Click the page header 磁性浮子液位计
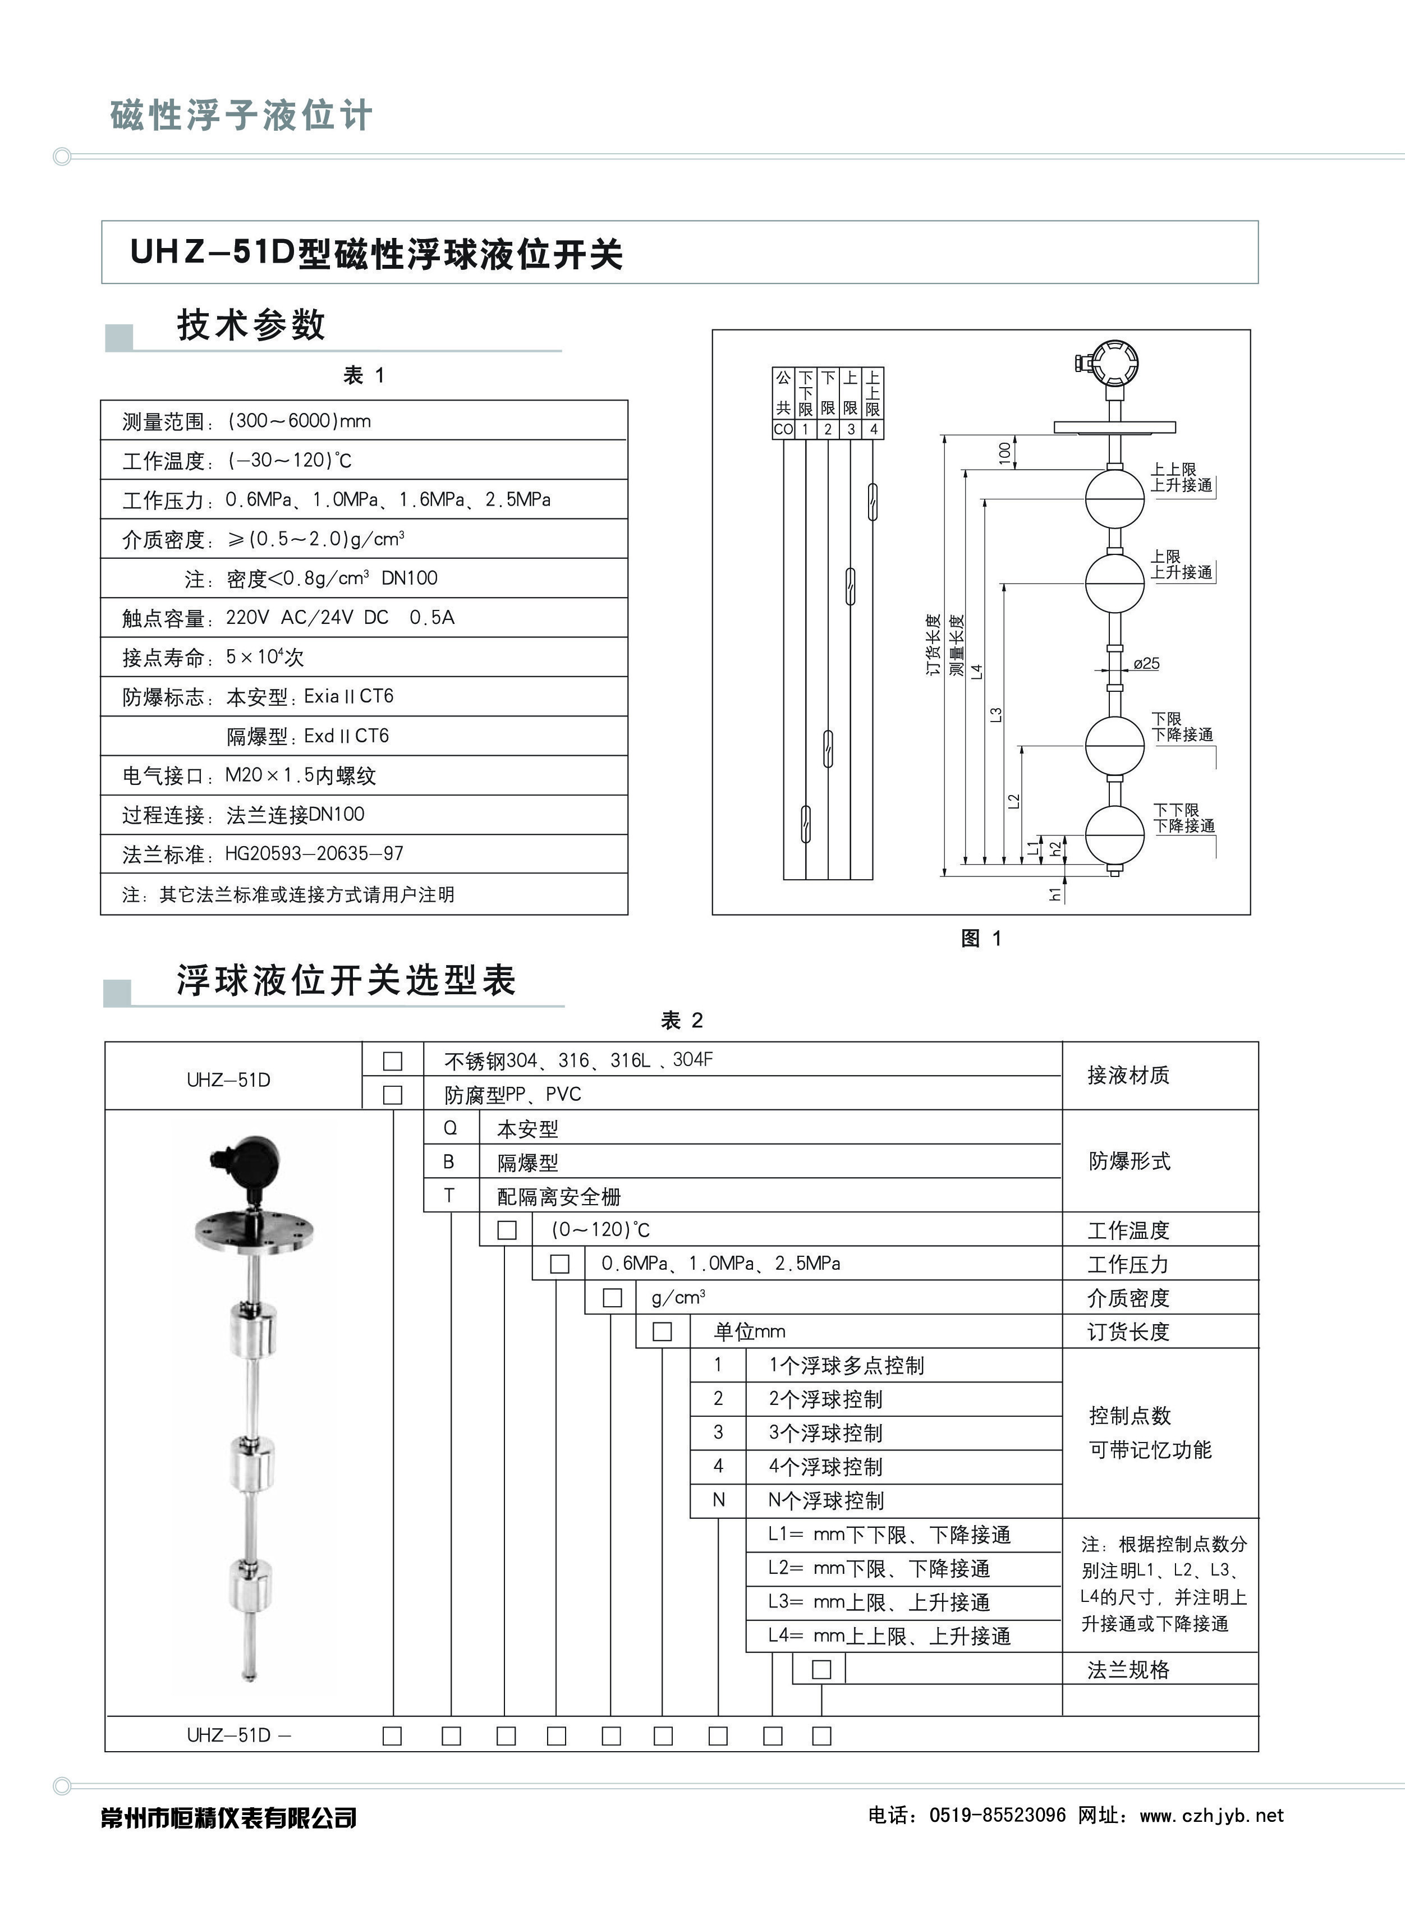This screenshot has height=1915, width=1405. (241, 115)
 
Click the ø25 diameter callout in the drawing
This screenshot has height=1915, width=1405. (1146, 663)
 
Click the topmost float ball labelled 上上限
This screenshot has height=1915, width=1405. (1114, 498)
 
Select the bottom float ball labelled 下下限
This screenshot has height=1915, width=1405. (1114, 833)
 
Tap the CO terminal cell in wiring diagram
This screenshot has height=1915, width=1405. (782, 429)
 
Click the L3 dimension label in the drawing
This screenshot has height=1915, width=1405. (996, 714)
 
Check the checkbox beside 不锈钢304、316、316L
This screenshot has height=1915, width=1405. (392, 1060)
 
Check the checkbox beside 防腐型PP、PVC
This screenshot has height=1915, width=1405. (392, 1095)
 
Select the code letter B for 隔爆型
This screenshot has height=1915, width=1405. (449, 1161)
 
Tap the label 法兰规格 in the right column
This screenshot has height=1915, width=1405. (1128, 1670)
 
